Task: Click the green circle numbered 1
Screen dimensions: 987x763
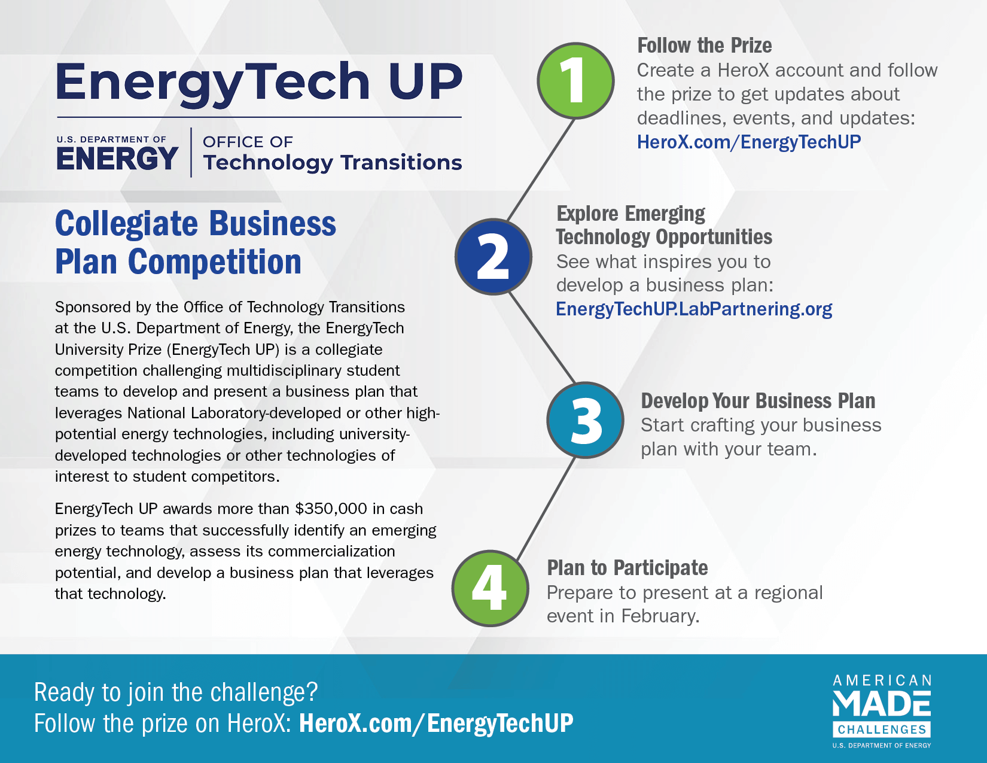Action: click(575, 81)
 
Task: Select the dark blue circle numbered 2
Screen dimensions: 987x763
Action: click(493, 257)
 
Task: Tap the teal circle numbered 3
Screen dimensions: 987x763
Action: click(585, 420)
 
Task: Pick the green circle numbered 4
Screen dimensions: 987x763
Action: click(490, 588)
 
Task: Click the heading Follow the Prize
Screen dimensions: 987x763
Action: click(705, 45)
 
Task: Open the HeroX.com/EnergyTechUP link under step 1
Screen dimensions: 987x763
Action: click(748, 142)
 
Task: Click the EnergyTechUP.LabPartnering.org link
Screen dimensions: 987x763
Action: click(694, 309)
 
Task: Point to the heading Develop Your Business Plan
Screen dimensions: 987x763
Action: click(758, 401)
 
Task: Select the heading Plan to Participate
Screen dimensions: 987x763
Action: click(627, 568)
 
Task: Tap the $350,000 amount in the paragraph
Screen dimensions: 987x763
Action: click(331, 509)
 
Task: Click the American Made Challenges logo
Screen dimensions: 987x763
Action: click(882, 711)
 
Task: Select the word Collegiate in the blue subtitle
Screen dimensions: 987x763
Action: click(126, 224)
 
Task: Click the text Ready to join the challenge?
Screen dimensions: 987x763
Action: click(176, 692)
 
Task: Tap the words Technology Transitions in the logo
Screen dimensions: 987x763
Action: click(333, 163)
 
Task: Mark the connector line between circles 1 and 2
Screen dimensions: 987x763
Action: click(541, 170)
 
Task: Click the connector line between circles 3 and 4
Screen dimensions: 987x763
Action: click(546, 508)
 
